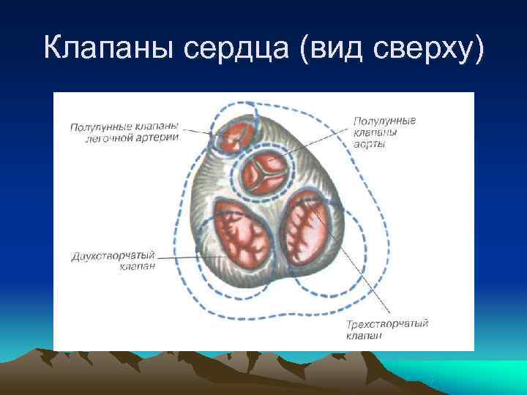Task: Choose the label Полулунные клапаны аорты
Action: tap(384, 132)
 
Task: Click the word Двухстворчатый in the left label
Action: tap(113, 256)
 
